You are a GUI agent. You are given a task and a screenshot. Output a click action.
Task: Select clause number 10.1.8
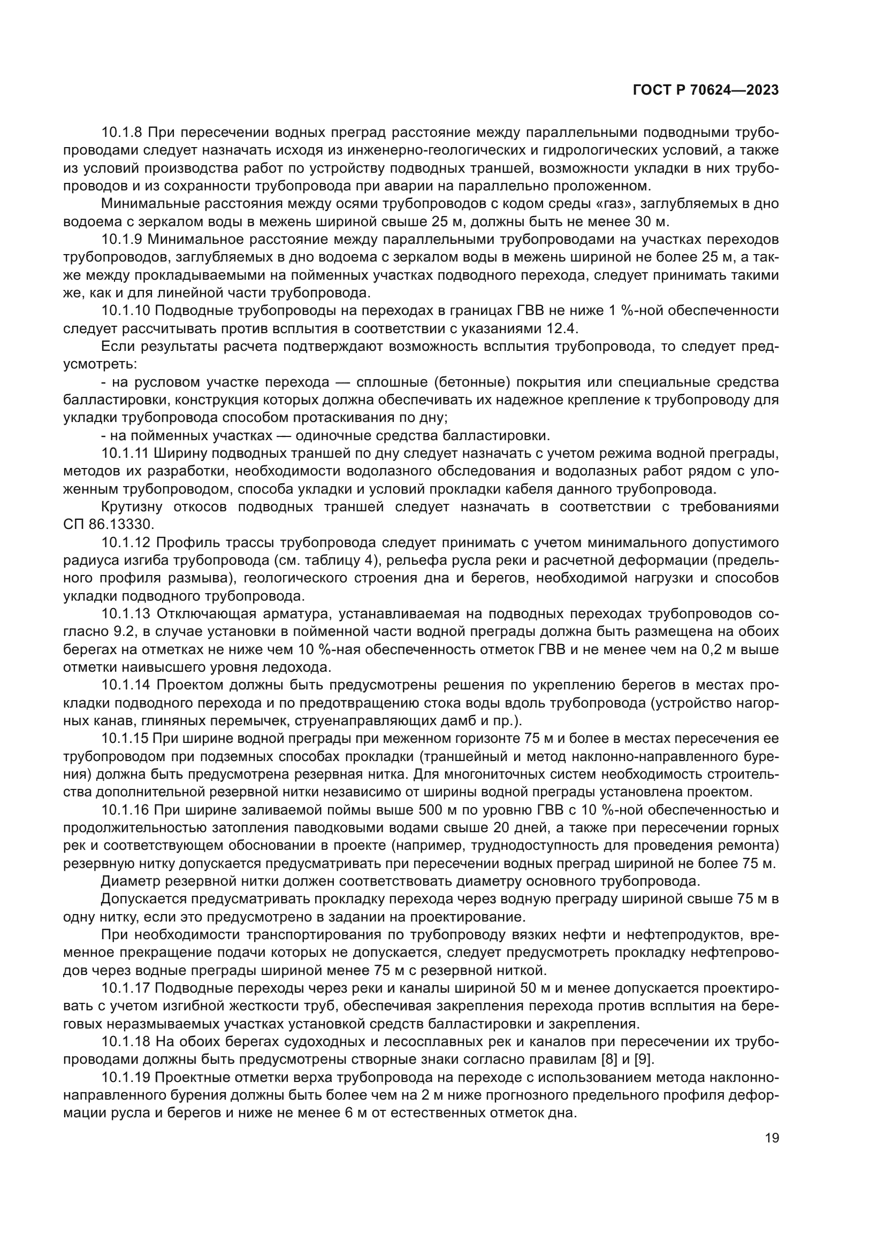[x=123, y=133]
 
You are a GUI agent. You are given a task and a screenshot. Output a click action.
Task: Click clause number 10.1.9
[x=123, y=240]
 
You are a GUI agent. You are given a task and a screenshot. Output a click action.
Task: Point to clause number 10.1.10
[x=126, y=311]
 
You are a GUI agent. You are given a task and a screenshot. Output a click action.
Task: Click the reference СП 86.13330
[x=109, y=525]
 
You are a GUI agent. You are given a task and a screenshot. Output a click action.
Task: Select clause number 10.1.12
[x=126, y=543]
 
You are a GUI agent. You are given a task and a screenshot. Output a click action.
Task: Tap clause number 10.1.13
[x=126, y=614]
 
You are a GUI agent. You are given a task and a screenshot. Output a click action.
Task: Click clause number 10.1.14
[x=126, y=686]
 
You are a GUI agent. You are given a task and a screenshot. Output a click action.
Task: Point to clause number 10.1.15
[x=126, y=739]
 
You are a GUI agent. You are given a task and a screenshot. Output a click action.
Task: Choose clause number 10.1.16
[x=126, y=810]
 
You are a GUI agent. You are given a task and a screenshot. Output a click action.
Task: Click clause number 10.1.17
[x=126, y=988]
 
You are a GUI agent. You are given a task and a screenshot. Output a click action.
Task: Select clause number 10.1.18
[x=126, y=1042]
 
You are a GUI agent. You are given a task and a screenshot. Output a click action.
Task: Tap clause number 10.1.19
[x=126, y=1078]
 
